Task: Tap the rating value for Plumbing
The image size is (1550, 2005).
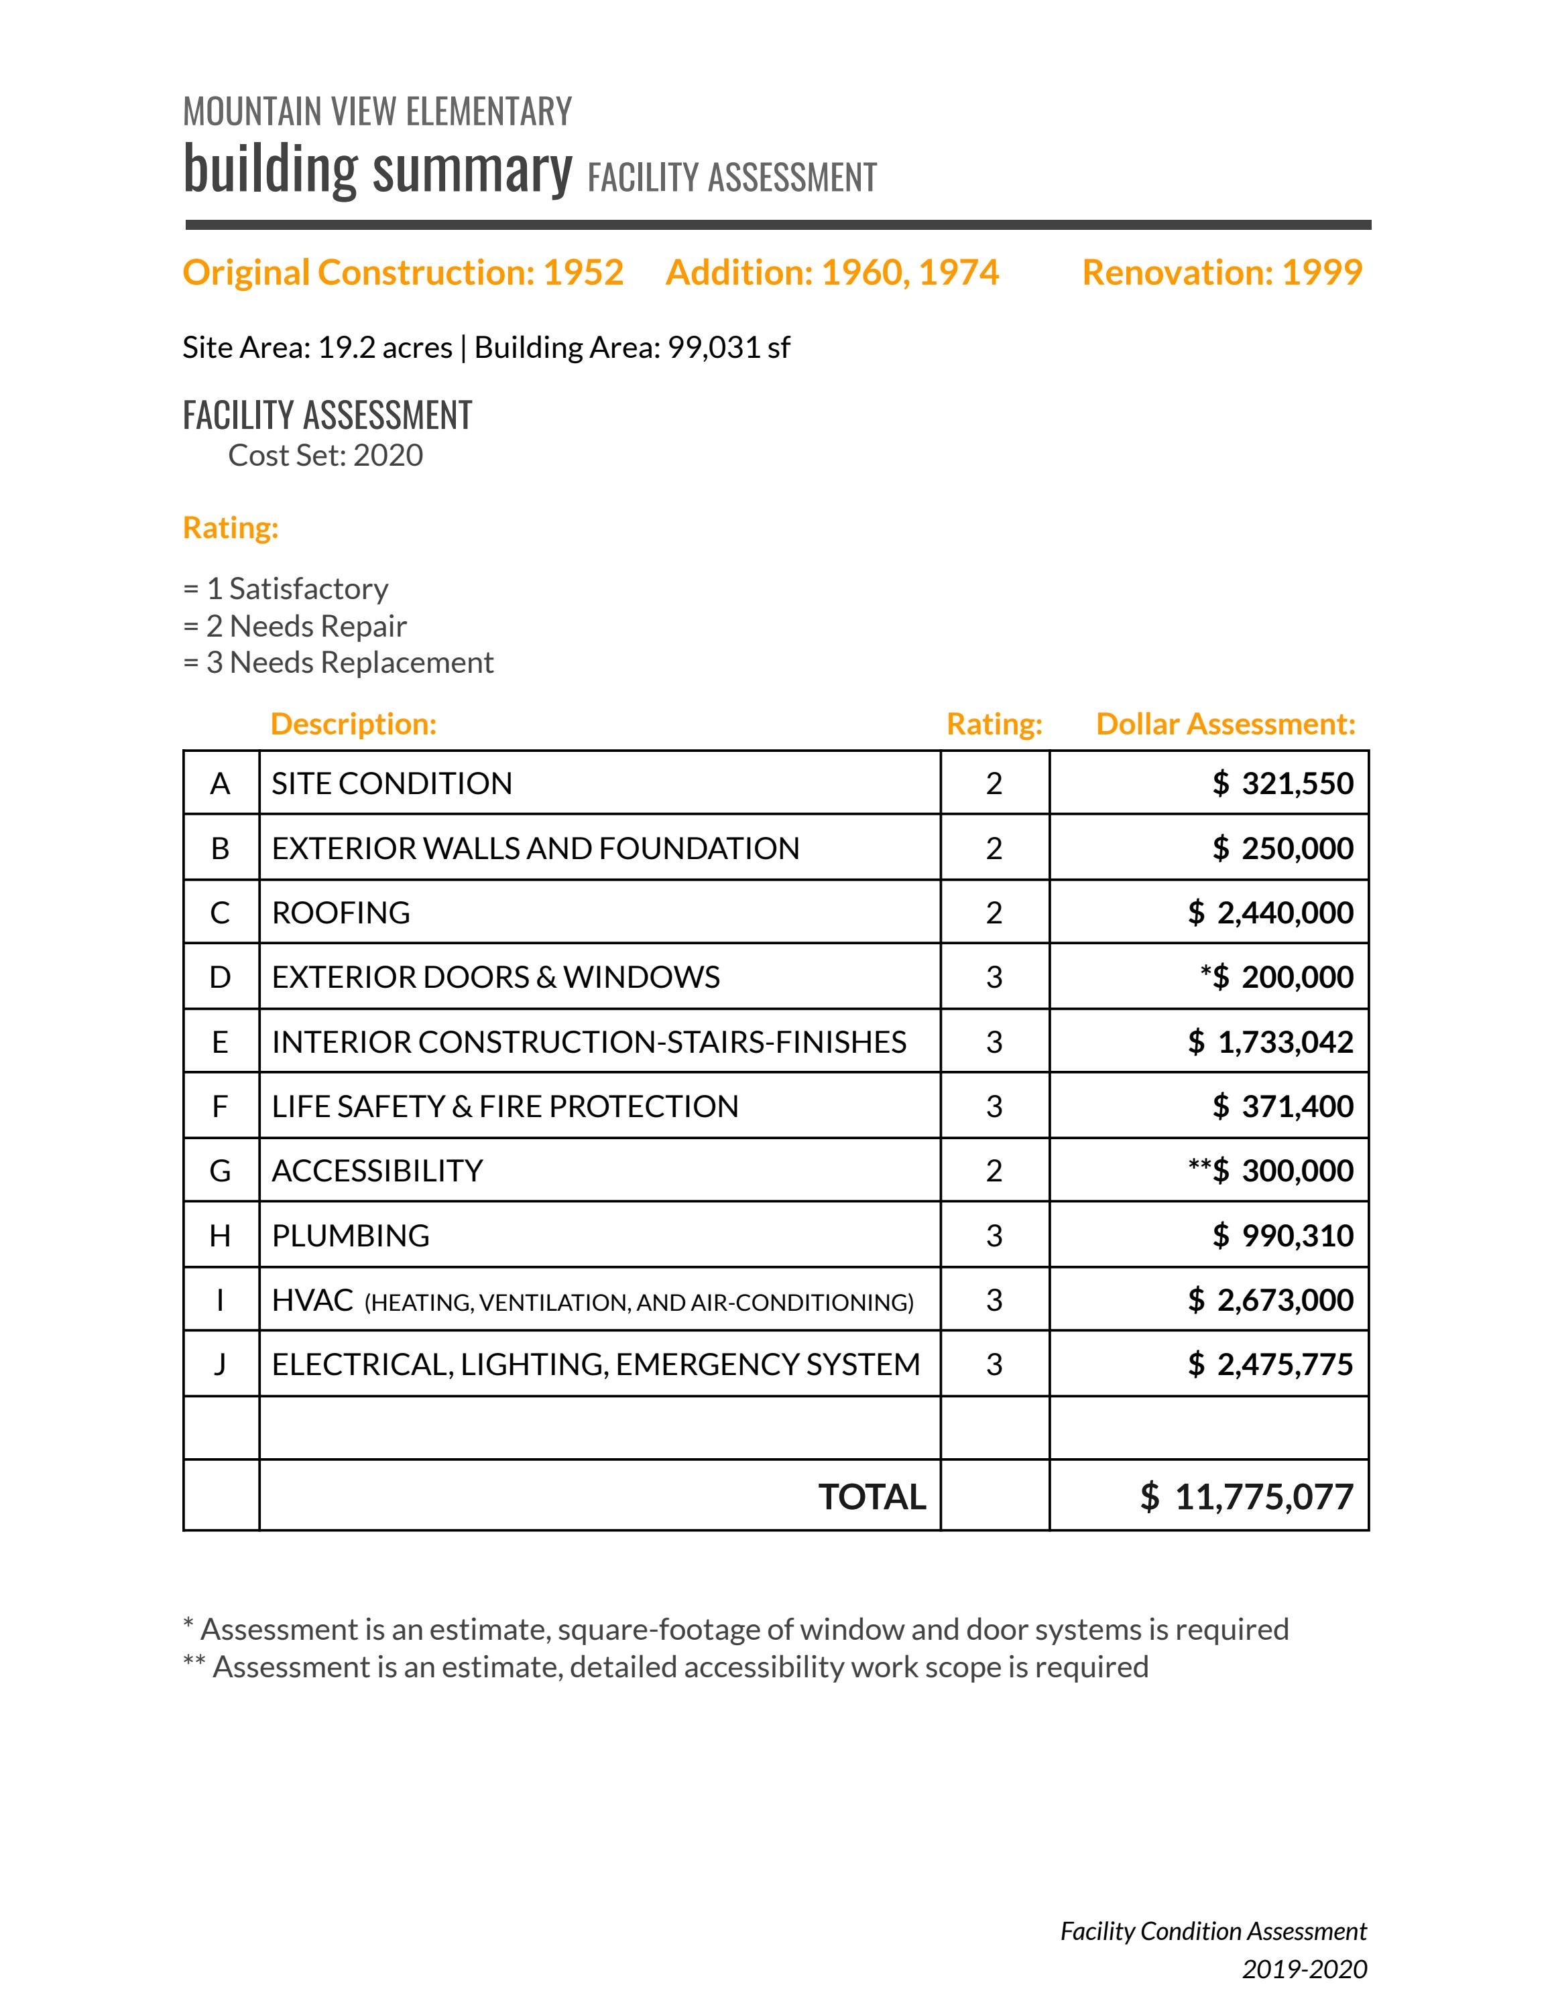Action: click(x=994, y=1236)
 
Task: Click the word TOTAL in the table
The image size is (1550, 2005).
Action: click(x=872, y=1497)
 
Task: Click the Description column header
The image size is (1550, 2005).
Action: click(x=353, y=724)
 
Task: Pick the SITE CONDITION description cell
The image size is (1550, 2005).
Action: click(x=392, y=783)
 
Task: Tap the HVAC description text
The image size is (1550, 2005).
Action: click(x=592, y=1301)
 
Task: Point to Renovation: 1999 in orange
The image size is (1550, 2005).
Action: click(x=1221, y=273)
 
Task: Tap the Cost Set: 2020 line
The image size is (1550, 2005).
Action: click(x=325, y=456)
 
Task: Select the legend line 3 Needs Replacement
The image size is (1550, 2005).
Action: click(x=339, y=663)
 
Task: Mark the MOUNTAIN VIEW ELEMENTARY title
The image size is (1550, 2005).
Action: click(x=377, y=112)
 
